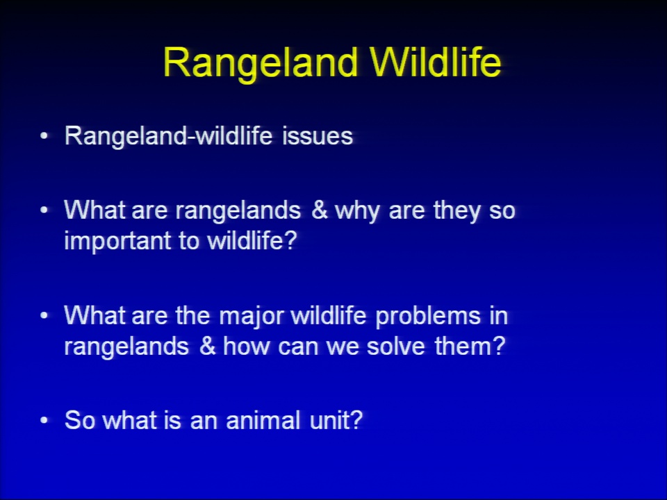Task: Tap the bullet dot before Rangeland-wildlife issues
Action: [x=44, y=136]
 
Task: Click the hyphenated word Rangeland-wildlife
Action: [x=168, y=137]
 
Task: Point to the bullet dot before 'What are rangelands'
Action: [x=44, y=210]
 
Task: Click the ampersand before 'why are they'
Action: [x=319, y=210]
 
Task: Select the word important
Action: [x=118, y=241]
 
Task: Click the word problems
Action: [x=428, y=317]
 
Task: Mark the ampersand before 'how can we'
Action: [x=207, y=346]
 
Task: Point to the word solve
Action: [x=395, y=346]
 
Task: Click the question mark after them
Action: [x=498, y=346]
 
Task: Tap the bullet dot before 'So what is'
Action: [x=44, y=420]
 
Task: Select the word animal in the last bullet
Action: [x=263, y=420]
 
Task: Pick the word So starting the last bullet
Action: [x=79, y=420]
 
